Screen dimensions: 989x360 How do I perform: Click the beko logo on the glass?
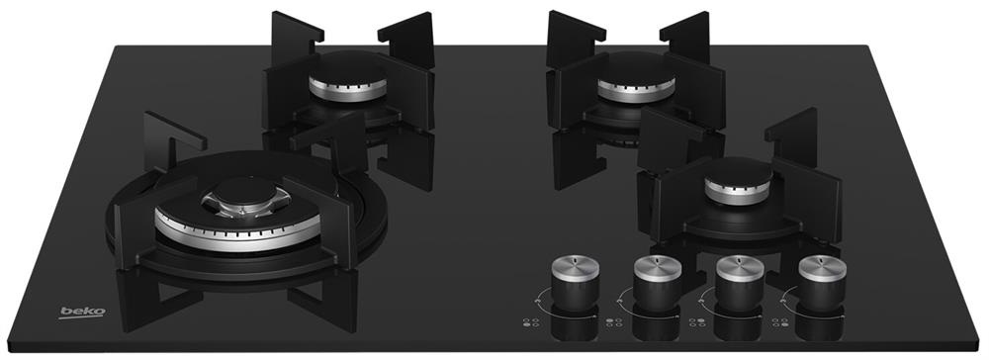click(x=83, y=313)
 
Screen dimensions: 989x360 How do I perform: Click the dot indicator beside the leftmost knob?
click(x=530, y=322)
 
